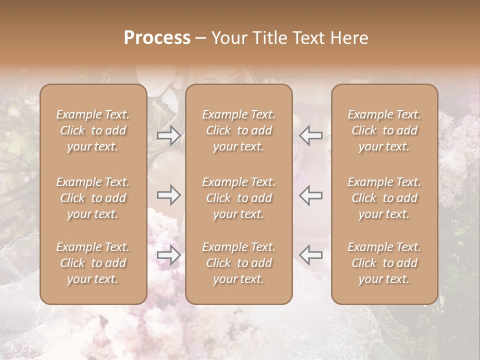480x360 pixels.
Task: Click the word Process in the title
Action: [157, 38]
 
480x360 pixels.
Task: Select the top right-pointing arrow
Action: [168, 135]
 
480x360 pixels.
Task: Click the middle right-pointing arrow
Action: [168, 195]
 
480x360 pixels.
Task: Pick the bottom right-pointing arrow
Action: [168, 255]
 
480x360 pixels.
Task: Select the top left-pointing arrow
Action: [311, 135]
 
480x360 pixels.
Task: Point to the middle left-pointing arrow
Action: [311, 195]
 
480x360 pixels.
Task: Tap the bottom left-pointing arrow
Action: [311, 255]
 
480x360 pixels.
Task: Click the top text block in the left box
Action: [93, 130]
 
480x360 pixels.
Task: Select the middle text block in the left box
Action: [93, 198]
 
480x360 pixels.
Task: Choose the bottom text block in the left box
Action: [93, 263]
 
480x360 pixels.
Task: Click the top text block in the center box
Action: [239, 130]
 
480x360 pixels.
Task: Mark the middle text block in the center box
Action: [239, 198]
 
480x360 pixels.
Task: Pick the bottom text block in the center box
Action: [239, 263]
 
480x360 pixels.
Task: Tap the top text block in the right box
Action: [384, 130]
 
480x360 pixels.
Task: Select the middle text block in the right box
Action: [384, 198]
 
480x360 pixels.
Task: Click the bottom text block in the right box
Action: [384, 263]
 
